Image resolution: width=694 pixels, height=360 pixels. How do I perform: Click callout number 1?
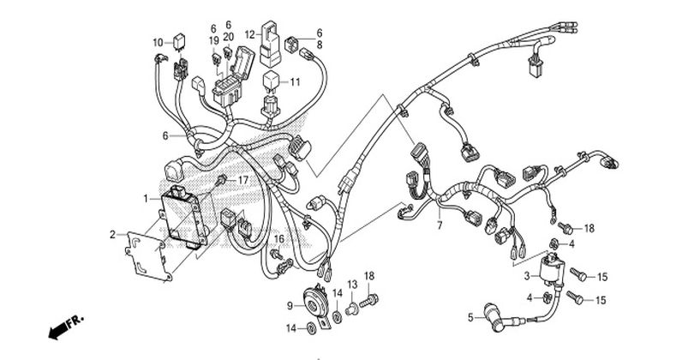[x=146, y=199]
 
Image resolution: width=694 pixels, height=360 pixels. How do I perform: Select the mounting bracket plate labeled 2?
[x=148, y=256]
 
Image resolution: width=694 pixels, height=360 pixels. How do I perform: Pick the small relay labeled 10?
[x=180, y=41]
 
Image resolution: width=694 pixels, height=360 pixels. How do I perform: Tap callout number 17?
[x=243, y=180]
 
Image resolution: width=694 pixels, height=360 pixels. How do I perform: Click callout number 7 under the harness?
[x=440, y=225]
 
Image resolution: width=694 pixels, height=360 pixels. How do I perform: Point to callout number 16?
[x=278, y=239]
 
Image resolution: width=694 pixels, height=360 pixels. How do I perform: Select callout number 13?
[x=352, y=285]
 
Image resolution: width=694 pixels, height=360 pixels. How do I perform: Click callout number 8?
[x=319, y=45]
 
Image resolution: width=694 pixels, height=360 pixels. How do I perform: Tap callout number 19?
[x=214, y=41]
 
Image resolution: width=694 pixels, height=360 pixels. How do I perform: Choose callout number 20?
[x=229, y=37]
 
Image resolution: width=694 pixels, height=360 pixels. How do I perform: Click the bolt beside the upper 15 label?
[x=578, y=273]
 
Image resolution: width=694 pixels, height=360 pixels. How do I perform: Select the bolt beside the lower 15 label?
[x=576, y=297]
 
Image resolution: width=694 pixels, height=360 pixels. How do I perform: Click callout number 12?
[x=250, y=34]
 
